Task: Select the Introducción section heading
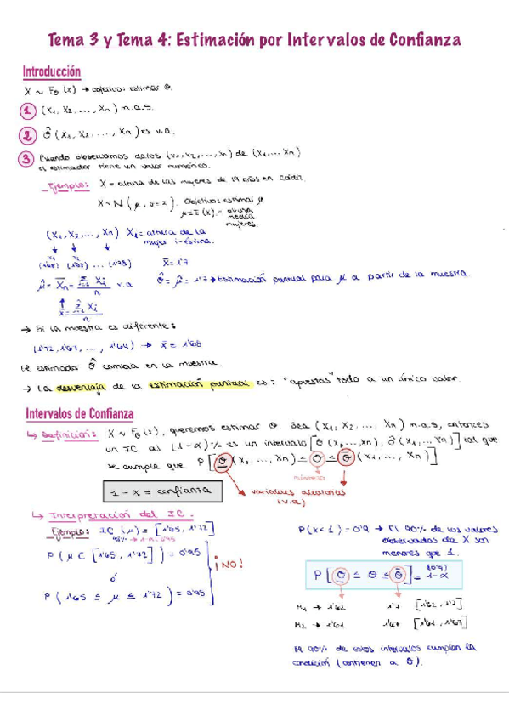(52, 72)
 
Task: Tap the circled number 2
(28, 133)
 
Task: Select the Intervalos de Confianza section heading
(77, 413)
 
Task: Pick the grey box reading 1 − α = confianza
(161, 491)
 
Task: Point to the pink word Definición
(68, 434)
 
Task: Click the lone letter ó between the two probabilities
(112, 576)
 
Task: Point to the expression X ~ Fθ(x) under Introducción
(53, 89)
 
